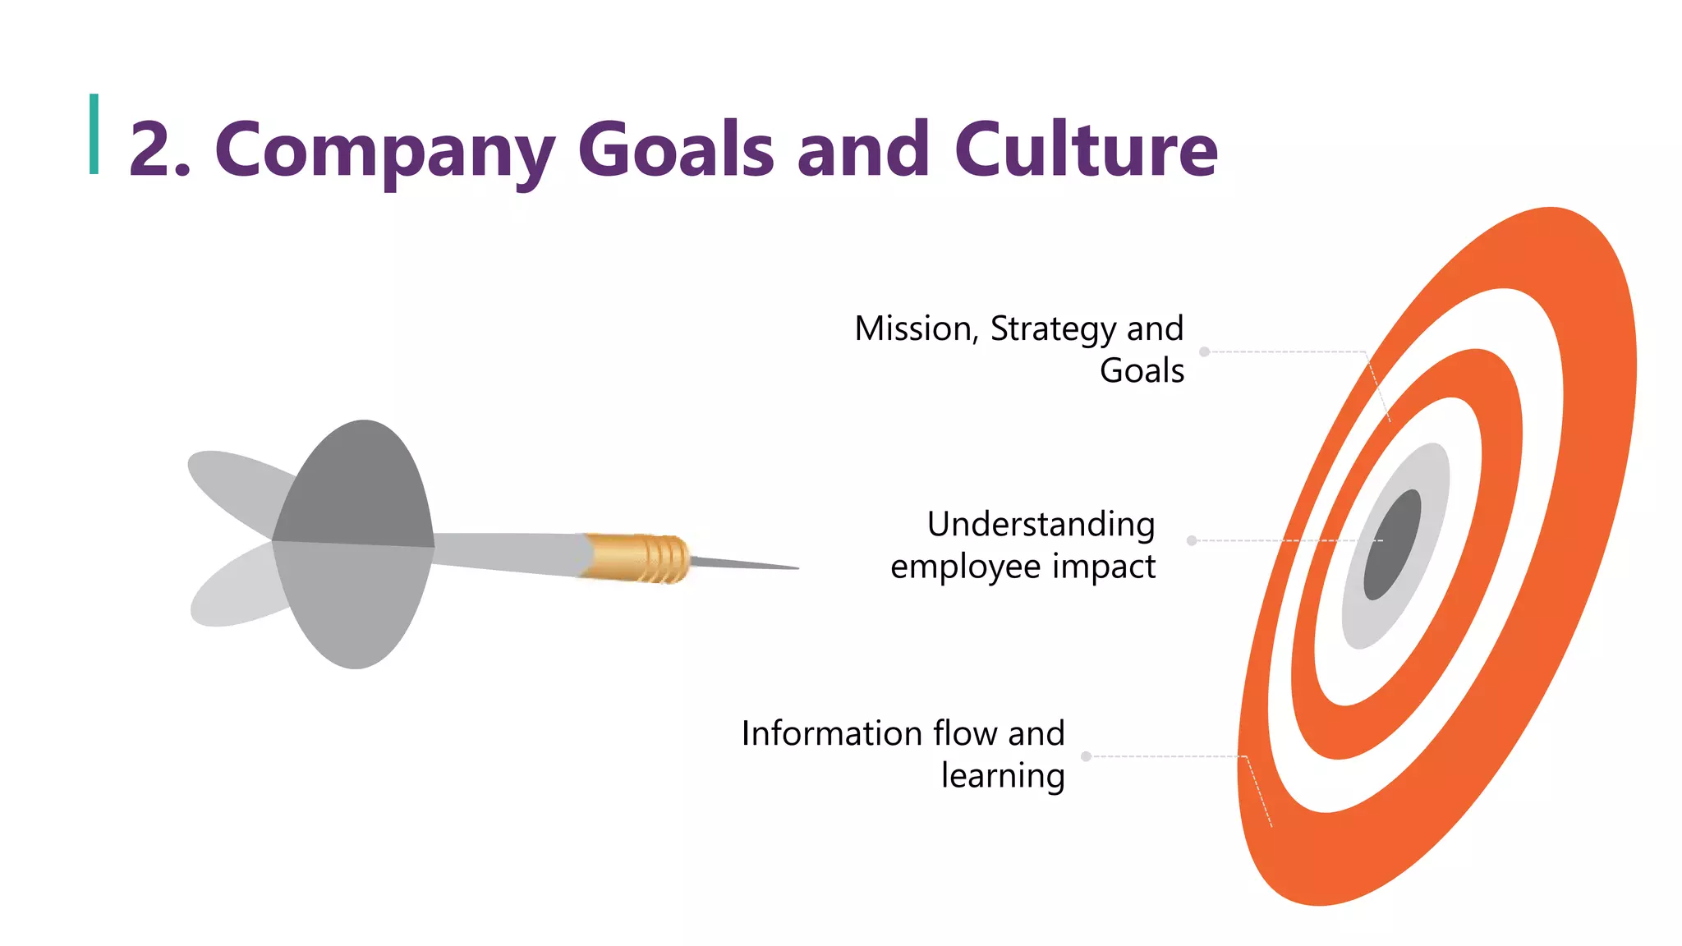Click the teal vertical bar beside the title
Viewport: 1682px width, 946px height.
click(94, 134)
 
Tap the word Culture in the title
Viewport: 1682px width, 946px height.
click(1085, 150)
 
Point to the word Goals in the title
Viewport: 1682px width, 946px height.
click(676, 150)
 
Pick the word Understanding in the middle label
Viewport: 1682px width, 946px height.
click(1041, 526)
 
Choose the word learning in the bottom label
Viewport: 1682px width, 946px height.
click(1003, 777)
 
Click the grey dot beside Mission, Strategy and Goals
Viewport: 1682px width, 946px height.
click(1205, 352)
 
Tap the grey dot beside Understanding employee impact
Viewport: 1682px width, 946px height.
click(1192, 540)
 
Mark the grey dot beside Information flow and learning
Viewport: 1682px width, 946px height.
click(1086, 756)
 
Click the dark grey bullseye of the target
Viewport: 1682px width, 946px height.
click(1392, 544)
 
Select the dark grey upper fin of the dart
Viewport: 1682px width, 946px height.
click(357, 484)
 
